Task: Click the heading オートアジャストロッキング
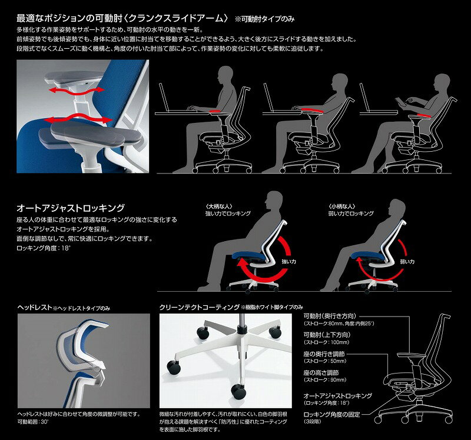pyautogui.click(x=71, y=208)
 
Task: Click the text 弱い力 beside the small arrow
pyautogui.click(x=407, y=261)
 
